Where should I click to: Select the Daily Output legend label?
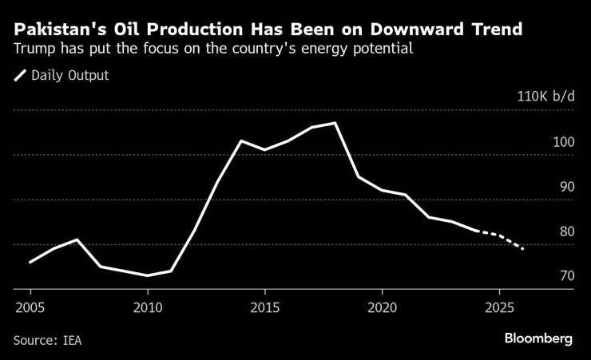69,76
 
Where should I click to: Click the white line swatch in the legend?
20,76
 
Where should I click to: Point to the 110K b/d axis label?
545,97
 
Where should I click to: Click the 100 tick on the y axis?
563,141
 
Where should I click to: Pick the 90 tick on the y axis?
566,186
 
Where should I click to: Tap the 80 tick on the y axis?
566,231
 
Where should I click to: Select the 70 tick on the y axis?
566,276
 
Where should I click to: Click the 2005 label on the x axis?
30,307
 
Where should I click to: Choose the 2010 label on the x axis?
148,307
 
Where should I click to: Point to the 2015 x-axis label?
265,307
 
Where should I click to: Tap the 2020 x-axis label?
383,307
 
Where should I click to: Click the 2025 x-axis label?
500,307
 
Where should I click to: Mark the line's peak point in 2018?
335,123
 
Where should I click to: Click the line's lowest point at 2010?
148,275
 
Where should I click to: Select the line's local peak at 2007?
77,239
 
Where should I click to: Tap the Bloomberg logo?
538,338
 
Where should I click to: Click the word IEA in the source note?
72,340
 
